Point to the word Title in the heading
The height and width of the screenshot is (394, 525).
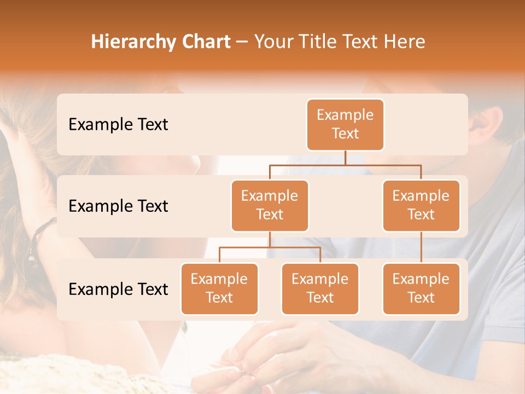[318, 42]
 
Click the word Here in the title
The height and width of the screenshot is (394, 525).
[402, 42]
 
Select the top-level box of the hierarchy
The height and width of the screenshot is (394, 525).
[345, 124]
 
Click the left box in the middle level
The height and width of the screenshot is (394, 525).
[270, 205]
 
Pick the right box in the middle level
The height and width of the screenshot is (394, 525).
[421, 205]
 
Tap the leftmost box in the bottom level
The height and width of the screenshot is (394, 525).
[219, 288]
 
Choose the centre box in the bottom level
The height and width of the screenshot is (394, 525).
[320, 288]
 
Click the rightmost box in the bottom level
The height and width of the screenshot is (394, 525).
[421, 288]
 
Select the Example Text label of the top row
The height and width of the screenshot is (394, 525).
[118, 124]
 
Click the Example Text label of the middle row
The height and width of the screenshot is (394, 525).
[118, 206]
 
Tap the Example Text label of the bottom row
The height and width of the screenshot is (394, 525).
[118, 289]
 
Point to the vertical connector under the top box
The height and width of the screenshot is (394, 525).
[345, 158]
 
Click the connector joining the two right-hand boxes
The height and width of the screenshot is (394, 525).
[421, 247]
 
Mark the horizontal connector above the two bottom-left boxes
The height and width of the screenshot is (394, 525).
[270, 247]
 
